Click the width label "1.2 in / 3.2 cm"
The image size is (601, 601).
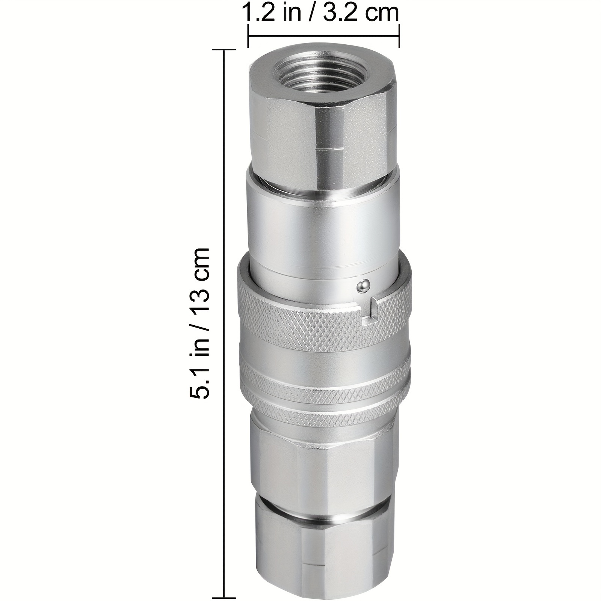point(322,12)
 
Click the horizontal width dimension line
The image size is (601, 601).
point(323,36)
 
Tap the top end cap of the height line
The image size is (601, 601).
point(225,50)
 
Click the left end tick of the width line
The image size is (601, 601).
point(248,36)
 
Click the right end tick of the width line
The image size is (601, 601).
point(399,36)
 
